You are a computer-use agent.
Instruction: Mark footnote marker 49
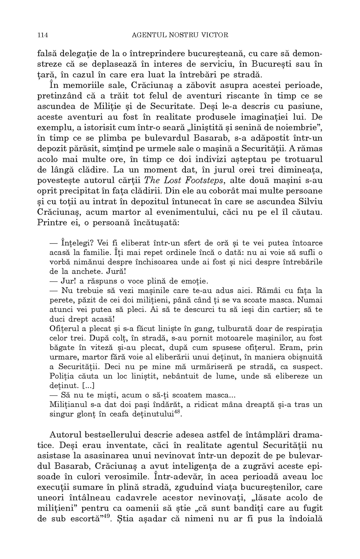(105, 516)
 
